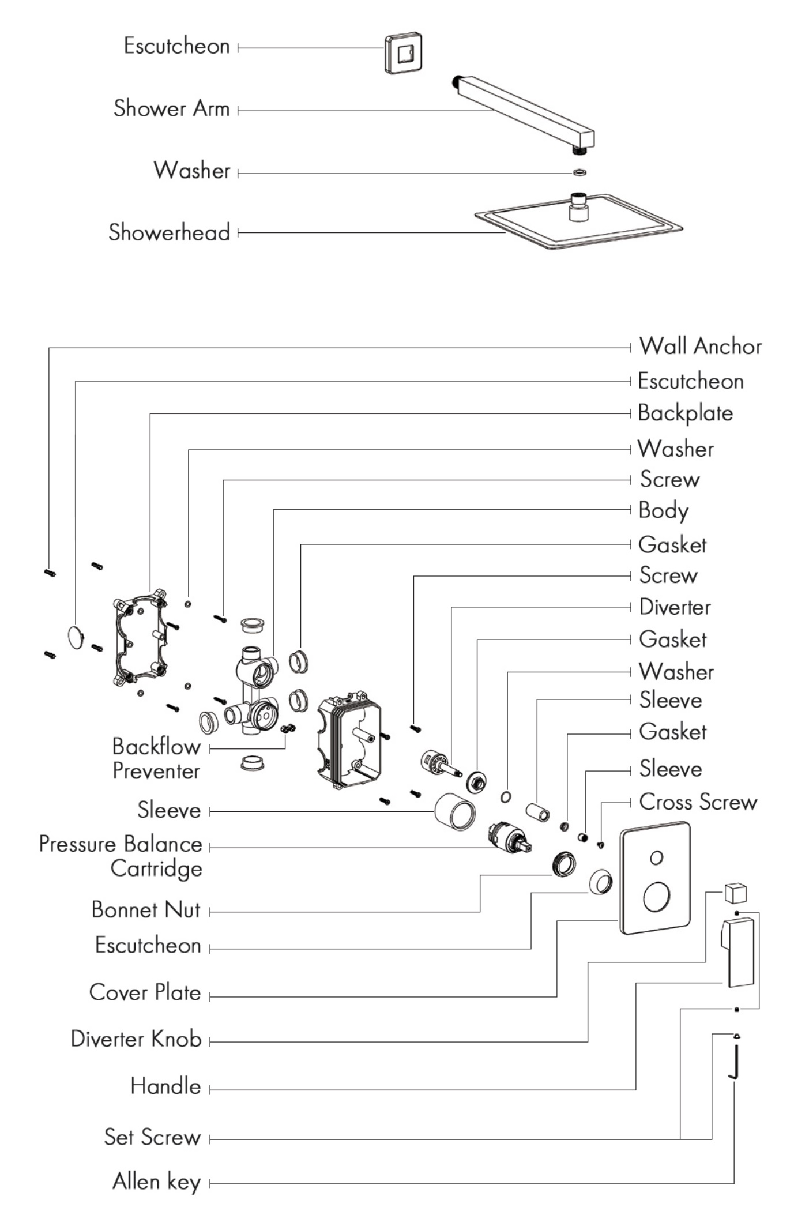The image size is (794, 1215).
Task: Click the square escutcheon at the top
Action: (403, 54)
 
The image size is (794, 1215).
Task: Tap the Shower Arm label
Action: (171, 108)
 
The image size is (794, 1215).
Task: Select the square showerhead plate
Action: (578, 222)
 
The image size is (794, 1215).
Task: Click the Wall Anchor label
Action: (700, 347)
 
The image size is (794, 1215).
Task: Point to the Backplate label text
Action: (685, 413)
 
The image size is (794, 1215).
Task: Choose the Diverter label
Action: (675, 607)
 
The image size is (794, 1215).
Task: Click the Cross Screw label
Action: (698, 802)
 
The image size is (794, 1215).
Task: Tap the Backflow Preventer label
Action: (156, 758)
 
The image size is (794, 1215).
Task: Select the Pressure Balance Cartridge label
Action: (121, 856)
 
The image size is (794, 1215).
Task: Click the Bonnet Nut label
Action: (146, 910)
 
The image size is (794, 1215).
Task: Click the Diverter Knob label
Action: (136, 1039)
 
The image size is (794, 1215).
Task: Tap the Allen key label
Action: (156, 1182)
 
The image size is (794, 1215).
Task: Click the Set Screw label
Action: (152, 1137)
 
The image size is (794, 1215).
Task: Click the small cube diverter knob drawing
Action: (735, 893)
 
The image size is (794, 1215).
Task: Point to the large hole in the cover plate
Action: (656, 897)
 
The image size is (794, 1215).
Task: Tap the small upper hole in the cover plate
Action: (656, 858)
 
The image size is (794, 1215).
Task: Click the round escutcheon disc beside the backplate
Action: (76, 637)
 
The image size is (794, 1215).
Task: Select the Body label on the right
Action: (663, 511)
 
